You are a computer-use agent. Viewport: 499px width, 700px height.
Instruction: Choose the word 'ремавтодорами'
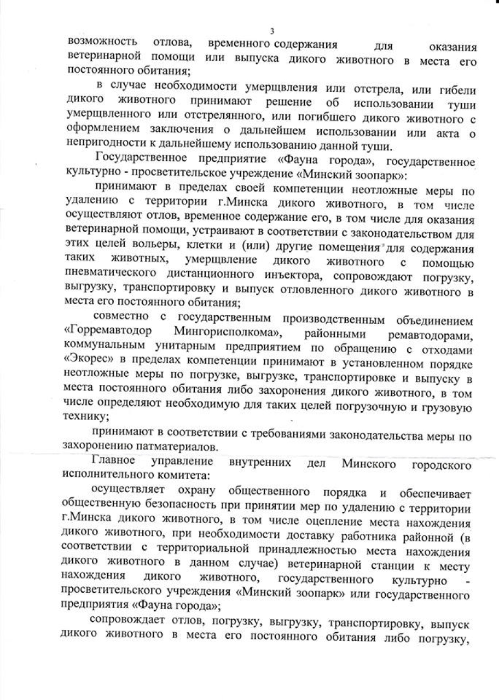point(432,334)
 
